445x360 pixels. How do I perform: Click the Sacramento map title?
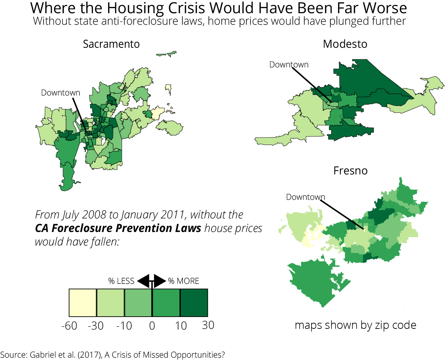(x=111, y=44)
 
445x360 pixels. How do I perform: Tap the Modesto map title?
(x=345, y=44)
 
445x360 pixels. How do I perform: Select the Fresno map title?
(x=350, y=171)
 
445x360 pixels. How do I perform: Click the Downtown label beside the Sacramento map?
(x=61, y=93)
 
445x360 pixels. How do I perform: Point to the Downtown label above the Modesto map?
(x=289, y=65)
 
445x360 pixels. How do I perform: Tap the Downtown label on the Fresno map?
(x=305, y=197)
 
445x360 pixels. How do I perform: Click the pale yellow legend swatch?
(x=83, y=303)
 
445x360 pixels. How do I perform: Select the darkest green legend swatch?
(x=194, y=303)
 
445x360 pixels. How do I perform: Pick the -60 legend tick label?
(x=69, y=326)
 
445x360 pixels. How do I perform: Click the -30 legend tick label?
(x=96, y=326)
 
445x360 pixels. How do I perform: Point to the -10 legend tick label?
(x=124, y=326)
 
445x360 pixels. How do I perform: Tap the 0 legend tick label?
(x=152, y=326)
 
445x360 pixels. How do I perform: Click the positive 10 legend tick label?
(x=181, y=326)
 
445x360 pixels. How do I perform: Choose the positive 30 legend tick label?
(x=208, y=325)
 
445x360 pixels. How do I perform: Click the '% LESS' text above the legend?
(x=121, y=281)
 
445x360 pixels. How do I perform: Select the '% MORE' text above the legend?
(x=184, y=281)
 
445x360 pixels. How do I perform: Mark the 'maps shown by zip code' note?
(x=355, y=325)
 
